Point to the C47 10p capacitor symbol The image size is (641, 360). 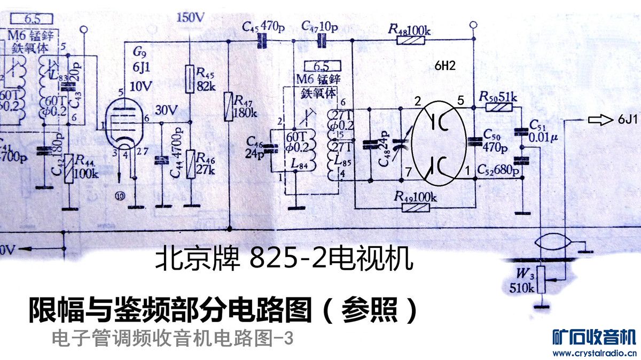322,40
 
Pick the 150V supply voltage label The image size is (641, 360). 190,17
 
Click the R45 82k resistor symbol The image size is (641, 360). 190,77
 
